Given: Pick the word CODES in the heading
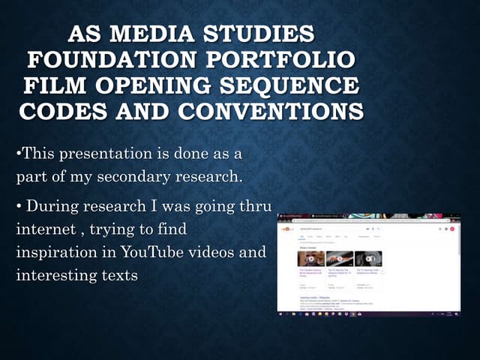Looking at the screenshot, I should tap(60, 111).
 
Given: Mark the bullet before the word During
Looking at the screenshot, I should tap(19, 204).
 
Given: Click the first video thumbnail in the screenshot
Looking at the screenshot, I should tap(311, 259).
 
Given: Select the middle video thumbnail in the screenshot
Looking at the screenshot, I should tap(340, 259).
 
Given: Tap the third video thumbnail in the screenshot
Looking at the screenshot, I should tap(368, 259).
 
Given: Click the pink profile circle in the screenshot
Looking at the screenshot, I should tap(452, 229).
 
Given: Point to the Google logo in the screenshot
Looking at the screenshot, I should tap(287, 229).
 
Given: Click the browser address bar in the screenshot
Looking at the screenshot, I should tap(360, 221).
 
